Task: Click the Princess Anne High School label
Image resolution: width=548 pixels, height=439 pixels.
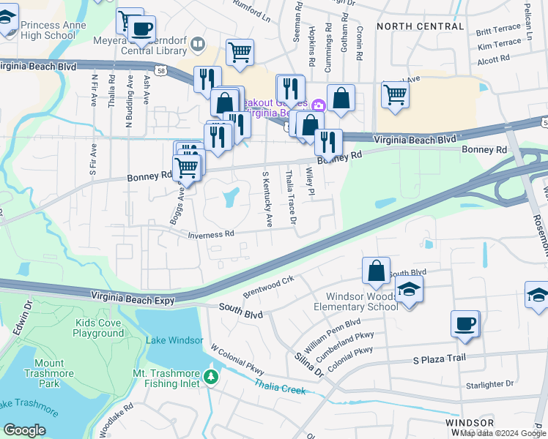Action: pyautogui.click(x=53, y=30)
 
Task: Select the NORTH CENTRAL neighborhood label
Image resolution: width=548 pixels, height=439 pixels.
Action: pyautogui.click(x=420, y=26)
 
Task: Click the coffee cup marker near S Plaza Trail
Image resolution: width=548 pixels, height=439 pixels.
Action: pyautogui.click(x=464, y=323)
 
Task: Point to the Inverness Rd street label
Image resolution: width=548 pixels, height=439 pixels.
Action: pyautogui.click(x=211, y=235)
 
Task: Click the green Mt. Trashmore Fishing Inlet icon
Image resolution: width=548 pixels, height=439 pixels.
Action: pyautogui.click(x=212, y=377)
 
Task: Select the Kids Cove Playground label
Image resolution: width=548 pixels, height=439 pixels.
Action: pyautogui.click(x=98, y=328)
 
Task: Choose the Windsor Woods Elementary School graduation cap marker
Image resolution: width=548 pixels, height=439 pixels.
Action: pyautogui.click(x=409, y=290)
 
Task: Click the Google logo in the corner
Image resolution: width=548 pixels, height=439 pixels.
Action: pyautogui.click(x=24, y=430)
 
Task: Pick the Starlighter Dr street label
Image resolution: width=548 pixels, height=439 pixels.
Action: pyautogui.click(x=490, y=384)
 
